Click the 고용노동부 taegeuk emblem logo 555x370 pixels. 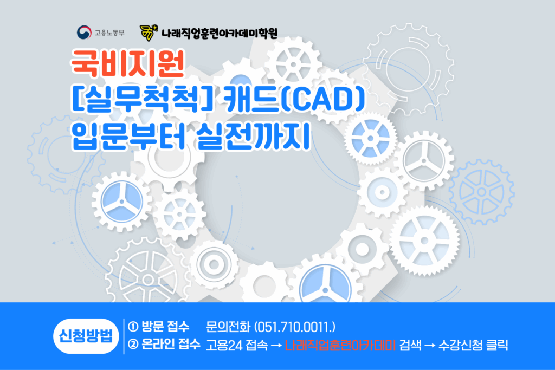84,33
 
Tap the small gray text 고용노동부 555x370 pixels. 109,33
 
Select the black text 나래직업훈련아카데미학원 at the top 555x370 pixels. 220,33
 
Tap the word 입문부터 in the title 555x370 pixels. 128,136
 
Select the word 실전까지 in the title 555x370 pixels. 253,136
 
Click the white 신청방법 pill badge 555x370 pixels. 86,336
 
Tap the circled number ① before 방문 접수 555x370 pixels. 133,327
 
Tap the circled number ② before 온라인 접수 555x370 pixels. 133,344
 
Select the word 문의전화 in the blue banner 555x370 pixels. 228,327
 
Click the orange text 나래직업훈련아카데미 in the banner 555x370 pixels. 340,345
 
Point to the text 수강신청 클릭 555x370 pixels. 473,345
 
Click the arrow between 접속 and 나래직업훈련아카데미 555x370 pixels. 276,346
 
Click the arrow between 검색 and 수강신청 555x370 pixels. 430,346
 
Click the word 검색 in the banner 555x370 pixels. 410,345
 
